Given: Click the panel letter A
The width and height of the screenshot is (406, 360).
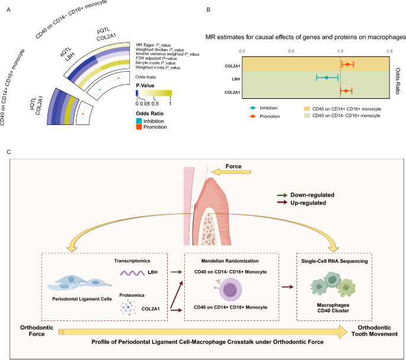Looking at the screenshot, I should click(x=8, y=9).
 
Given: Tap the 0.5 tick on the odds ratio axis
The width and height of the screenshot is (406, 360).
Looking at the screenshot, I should click(x=291, y=52).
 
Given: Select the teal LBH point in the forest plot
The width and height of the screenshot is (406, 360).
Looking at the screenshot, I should click(x=326, y=78).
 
